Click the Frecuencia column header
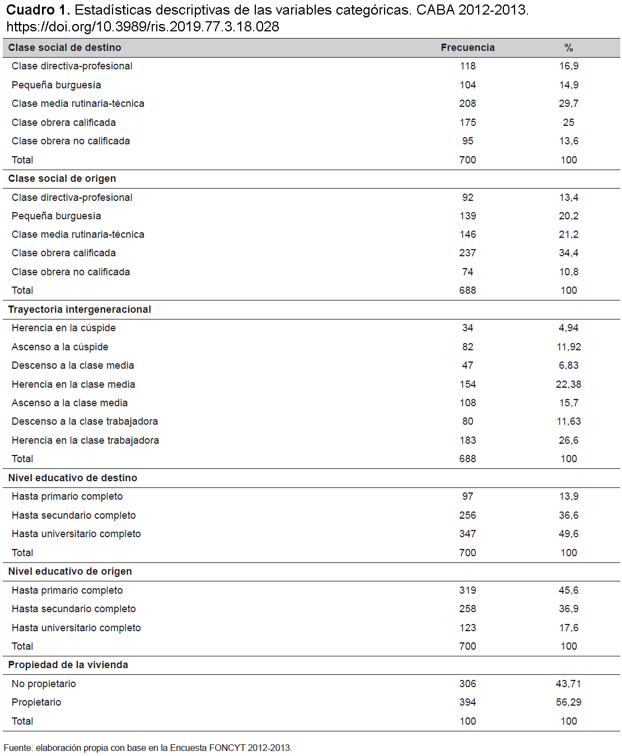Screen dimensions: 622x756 point(467,48)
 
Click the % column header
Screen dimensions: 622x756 point(569,48)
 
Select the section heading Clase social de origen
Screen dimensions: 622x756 point(62,179)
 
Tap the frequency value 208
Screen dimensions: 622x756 point(467,104)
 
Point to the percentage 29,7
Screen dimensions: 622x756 point(569,104)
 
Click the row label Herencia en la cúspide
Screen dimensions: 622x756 point(63,328)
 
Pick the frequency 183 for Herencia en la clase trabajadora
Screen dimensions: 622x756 point(467,440)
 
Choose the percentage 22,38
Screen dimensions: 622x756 point(569,384)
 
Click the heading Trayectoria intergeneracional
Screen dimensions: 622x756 point(79,309)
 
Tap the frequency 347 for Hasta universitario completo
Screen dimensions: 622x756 point(467,534)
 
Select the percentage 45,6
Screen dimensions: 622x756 point(569,590)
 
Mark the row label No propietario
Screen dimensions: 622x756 point(44,684)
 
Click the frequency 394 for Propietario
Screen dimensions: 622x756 point(467,702)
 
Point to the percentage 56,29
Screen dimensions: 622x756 point(569,702)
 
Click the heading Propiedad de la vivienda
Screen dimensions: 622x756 point(68,665)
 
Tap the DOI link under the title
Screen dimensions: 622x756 point(143,26)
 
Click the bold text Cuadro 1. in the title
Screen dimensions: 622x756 point(38,10)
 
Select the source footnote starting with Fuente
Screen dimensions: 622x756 point(148,748)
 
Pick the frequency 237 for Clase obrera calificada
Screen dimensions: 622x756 point(467,253)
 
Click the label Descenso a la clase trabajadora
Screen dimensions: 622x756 point(85,421)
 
